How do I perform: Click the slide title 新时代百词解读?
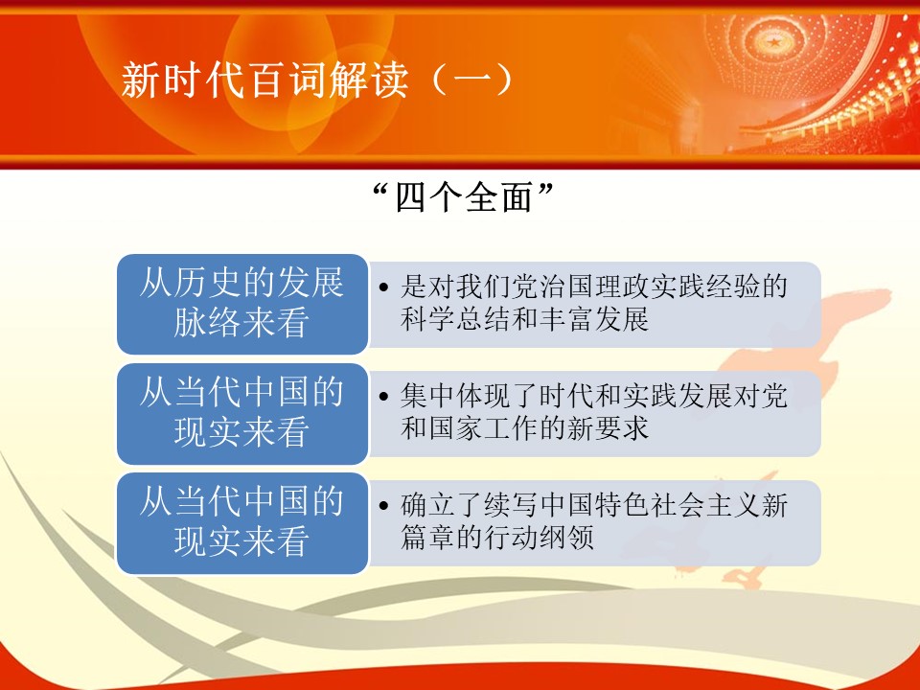point(264,80)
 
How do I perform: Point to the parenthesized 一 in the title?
point(471,80)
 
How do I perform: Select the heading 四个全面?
point(464,197)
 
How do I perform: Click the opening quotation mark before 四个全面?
point(381,189)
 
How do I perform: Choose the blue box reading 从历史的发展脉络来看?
point(242,304)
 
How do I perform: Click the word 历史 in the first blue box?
point(207,283)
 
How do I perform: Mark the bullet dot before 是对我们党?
point(383,287)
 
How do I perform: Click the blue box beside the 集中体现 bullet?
point(242,414)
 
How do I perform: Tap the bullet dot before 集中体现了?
point(383,397)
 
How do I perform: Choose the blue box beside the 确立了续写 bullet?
point(242,523)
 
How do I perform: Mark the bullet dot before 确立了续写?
point(383,506)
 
